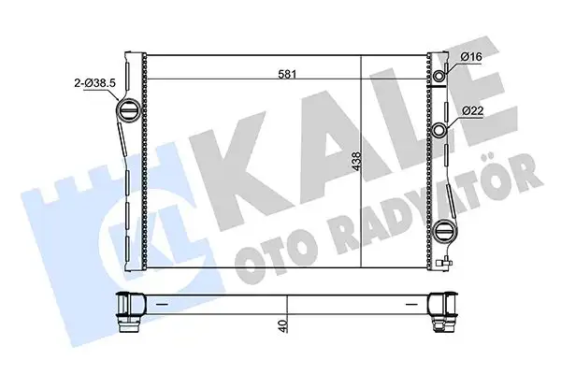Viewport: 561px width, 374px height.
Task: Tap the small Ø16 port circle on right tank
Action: (439, 76)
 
